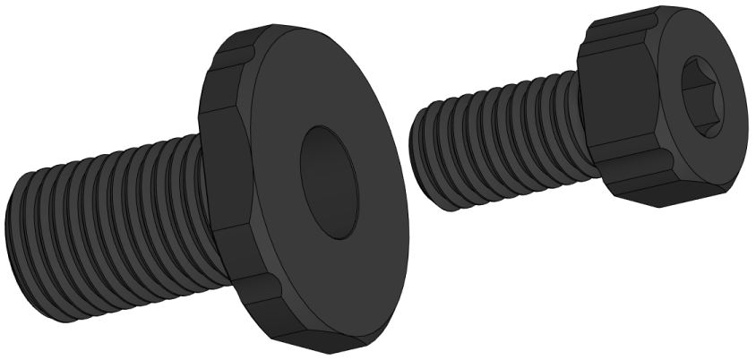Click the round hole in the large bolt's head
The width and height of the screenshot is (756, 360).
pyautogui.click(x=329, y=182)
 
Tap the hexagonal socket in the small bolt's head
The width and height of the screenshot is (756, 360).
pyautogui.click(x=704, y=95)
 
